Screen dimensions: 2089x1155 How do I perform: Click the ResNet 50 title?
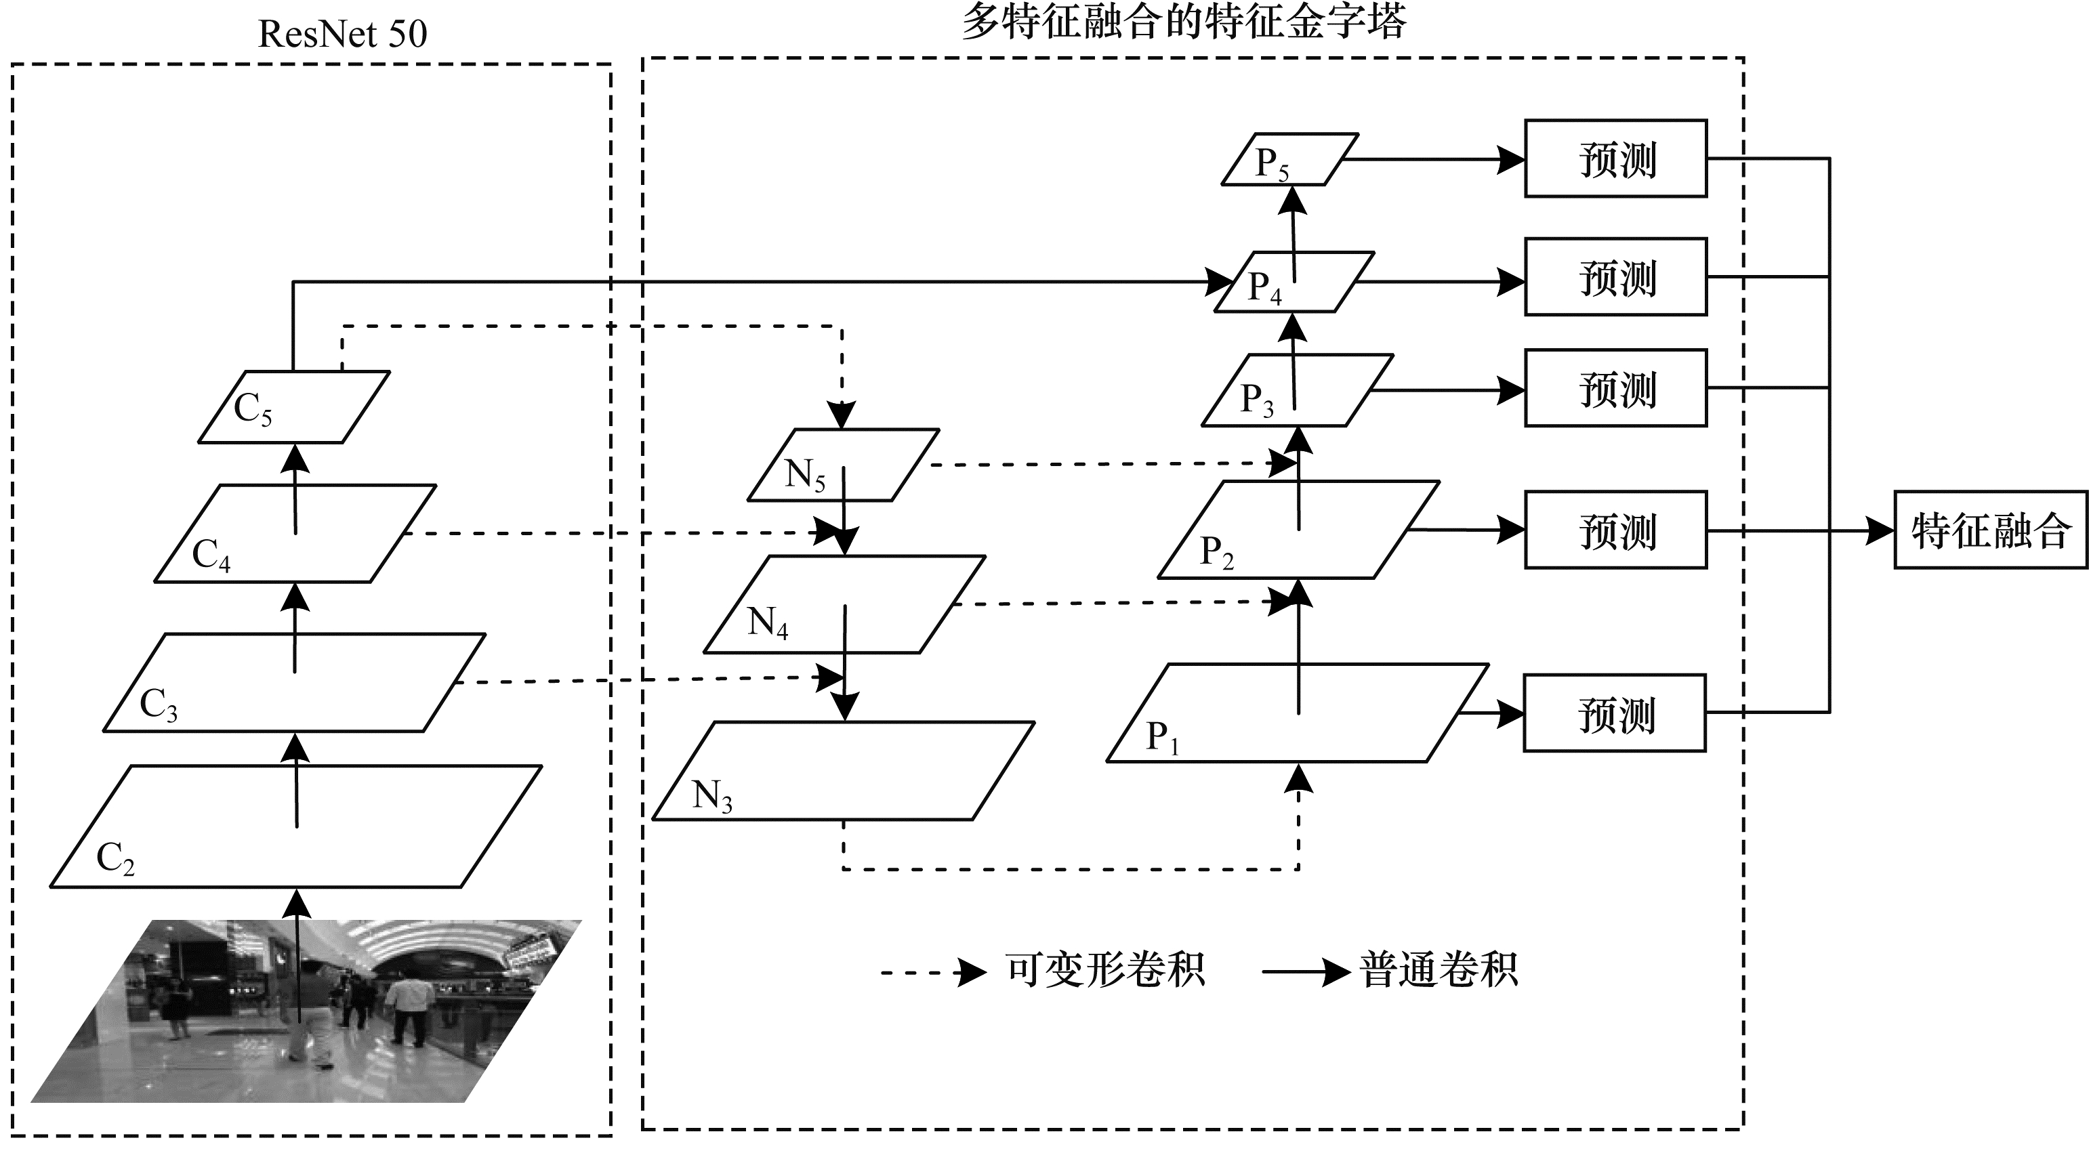pyautogui.click(x=342, y=34)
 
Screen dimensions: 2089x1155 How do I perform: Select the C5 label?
pyautogui.click(x=252, y=409)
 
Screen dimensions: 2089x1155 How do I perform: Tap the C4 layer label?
pyautogui.click(x=211, y=556)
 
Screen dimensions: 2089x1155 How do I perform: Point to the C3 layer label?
pyautogui.click(x=158, y=705)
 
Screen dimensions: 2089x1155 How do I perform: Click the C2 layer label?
pyautogui.click(x=115, y=858)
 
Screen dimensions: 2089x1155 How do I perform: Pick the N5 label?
pyautogui.click(x=804, y=475)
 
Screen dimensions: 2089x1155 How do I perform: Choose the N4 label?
pyautogui.click(x=767, y=623)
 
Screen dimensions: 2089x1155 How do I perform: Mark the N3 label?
pyautogui.click(x=712, y=797)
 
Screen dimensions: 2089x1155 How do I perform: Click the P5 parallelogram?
pyautogui.click(x=1289, y=160)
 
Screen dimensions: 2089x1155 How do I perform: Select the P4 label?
pyautogui.click(x=1264, y=288)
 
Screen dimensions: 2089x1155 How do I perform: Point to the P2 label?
pyautogui.click(x=1216, y=553)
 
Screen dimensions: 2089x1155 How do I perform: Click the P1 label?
pyautogui.click(x=1162, y=738)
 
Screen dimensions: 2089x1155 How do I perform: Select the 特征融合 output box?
pyautogui.click(x=1991, y=530)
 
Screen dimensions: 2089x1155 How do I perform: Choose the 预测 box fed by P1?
pyautogui.click(x=1615, y=713)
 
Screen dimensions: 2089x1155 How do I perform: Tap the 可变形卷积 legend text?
pyautogui.click(x=1105, y=969)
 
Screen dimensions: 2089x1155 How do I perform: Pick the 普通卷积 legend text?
pyautogui.click(x=1439, y=969)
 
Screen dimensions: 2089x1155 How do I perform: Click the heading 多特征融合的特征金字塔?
pyautogui.click(x=1183, y=22)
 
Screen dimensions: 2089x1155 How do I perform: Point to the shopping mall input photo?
pyautogui.click(x=306, y=1011)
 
